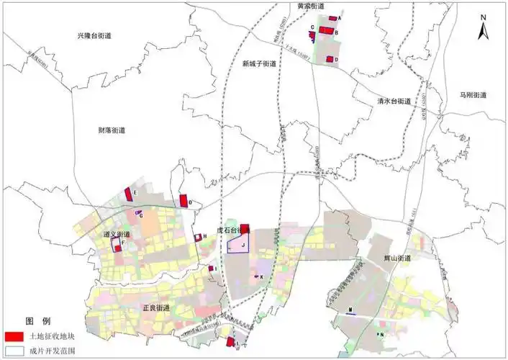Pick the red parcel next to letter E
(128, 194)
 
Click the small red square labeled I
(209, 269)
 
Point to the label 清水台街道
(394, 102)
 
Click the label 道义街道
(117, 234)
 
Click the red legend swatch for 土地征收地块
(14, 336)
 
